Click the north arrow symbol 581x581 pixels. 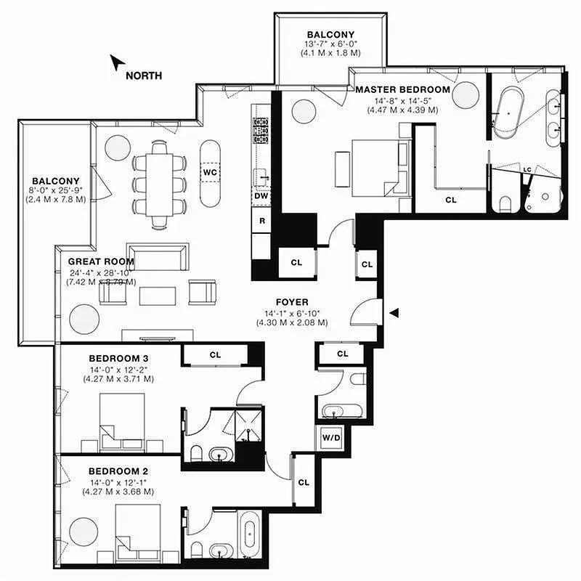pyautogui.click(x=115, y=63)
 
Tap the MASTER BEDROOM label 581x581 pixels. pyautogui.click(x=402, y=89)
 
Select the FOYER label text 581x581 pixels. pyautogui.click(x=292, y=302)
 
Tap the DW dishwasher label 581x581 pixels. pyautogui.click(x=261, y=195)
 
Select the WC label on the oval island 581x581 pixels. pyautogui.click(x=211, y=171)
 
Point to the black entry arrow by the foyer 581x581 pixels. pyautogui.click(x=394, y=313)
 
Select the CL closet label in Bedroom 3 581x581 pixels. pyautogui.click(x=215, y=355)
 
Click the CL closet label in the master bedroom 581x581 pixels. pyautogui.click(x=450, y=199)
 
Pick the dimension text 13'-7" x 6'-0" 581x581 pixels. pyautogui.click(x=330, y=44)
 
